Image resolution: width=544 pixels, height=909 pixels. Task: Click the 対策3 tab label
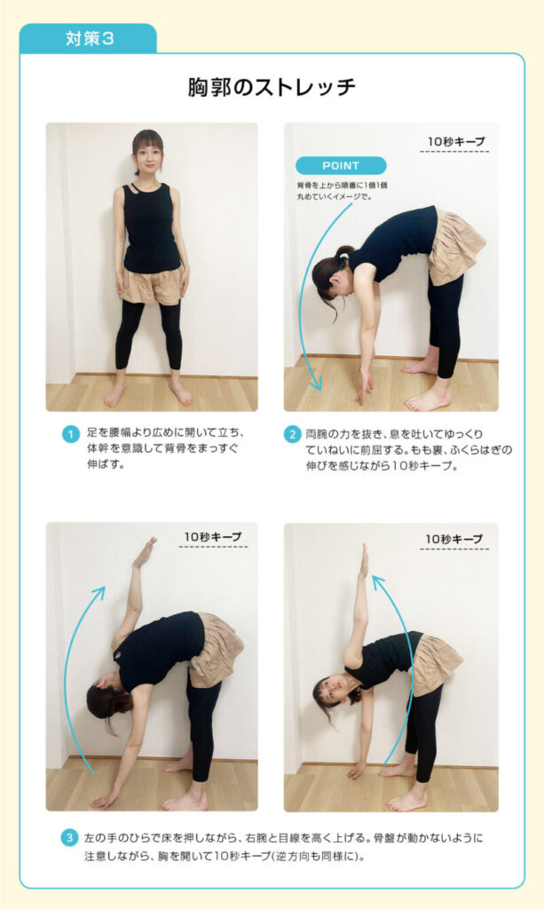coord(90,39)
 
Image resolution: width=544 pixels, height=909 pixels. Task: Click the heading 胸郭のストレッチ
coord(272,87)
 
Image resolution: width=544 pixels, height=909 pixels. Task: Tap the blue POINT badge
coord(341,166)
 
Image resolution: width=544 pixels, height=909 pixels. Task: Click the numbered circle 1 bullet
coord(71,434)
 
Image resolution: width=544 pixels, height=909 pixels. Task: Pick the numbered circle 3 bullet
coord(69,838)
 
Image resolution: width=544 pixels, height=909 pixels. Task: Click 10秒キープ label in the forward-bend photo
coord(456,141)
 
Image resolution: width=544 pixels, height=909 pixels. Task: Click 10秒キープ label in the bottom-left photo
coord(213,537)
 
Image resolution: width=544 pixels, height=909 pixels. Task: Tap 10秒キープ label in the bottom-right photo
coord(453,539)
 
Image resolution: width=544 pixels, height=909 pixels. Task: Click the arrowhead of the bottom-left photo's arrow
coord(98,593)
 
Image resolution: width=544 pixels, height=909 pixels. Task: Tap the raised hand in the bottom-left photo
coord(145,552)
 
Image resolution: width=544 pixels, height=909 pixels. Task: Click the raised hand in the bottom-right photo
coord(364,560)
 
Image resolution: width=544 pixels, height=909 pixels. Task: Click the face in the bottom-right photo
coord(329,692)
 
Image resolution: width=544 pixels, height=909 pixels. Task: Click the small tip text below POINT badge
coord(342,191)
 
